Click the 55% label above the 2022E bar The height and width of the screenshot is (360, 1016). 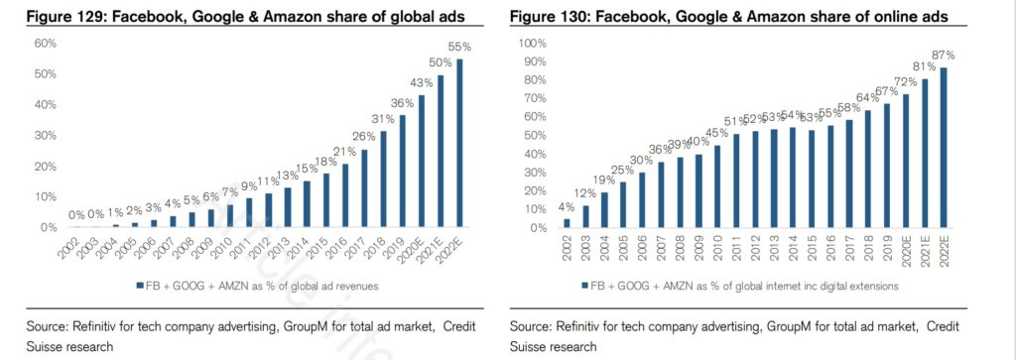pos(459,48)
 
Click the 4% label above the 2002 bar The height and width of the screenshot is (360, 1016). pos(567,207)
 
